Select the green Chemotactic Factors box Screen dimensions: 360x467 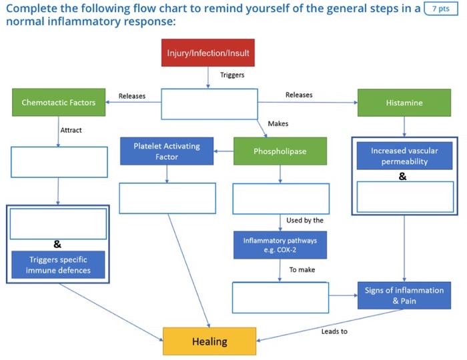click(59, 103)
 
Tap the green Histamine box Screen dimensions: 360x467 click(404, 103)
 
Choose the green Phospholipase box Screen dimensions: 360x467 click(280, 151)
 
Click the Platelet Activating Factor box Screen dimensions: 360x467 click(166, 151)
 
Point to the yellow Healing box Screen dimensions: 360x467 click(209, 341)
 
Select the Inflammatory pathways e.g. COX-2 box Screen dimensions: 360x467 click(280, 245)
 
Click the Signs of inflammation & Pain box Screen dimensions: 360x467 click(404, 295)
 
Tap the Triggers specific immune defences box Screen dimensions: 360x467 click(59, 264)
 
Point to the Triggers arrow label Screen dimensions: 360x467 click(232, 75)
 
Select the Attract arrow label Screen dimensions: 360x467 click(71, 130)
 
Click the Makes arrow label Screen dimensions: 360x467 click(278, 123)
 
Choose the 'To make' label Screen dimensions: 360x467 click(302, 270)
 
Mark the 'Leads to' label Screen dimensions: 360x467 click(334, 331)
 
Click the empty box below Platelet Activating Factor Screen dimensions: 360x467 click(167, 198)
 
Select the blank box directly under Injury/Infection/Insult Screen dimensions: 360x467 click(209, 103)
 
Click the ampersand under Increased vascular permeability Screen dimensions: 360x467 click(402, 177)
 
